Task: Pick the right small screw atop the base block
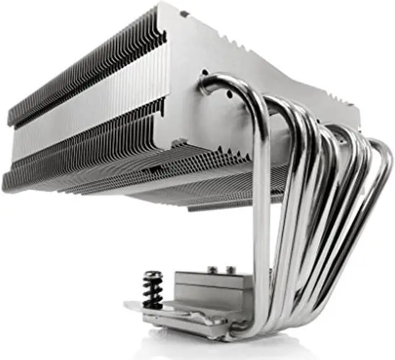tap(231, 269)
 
